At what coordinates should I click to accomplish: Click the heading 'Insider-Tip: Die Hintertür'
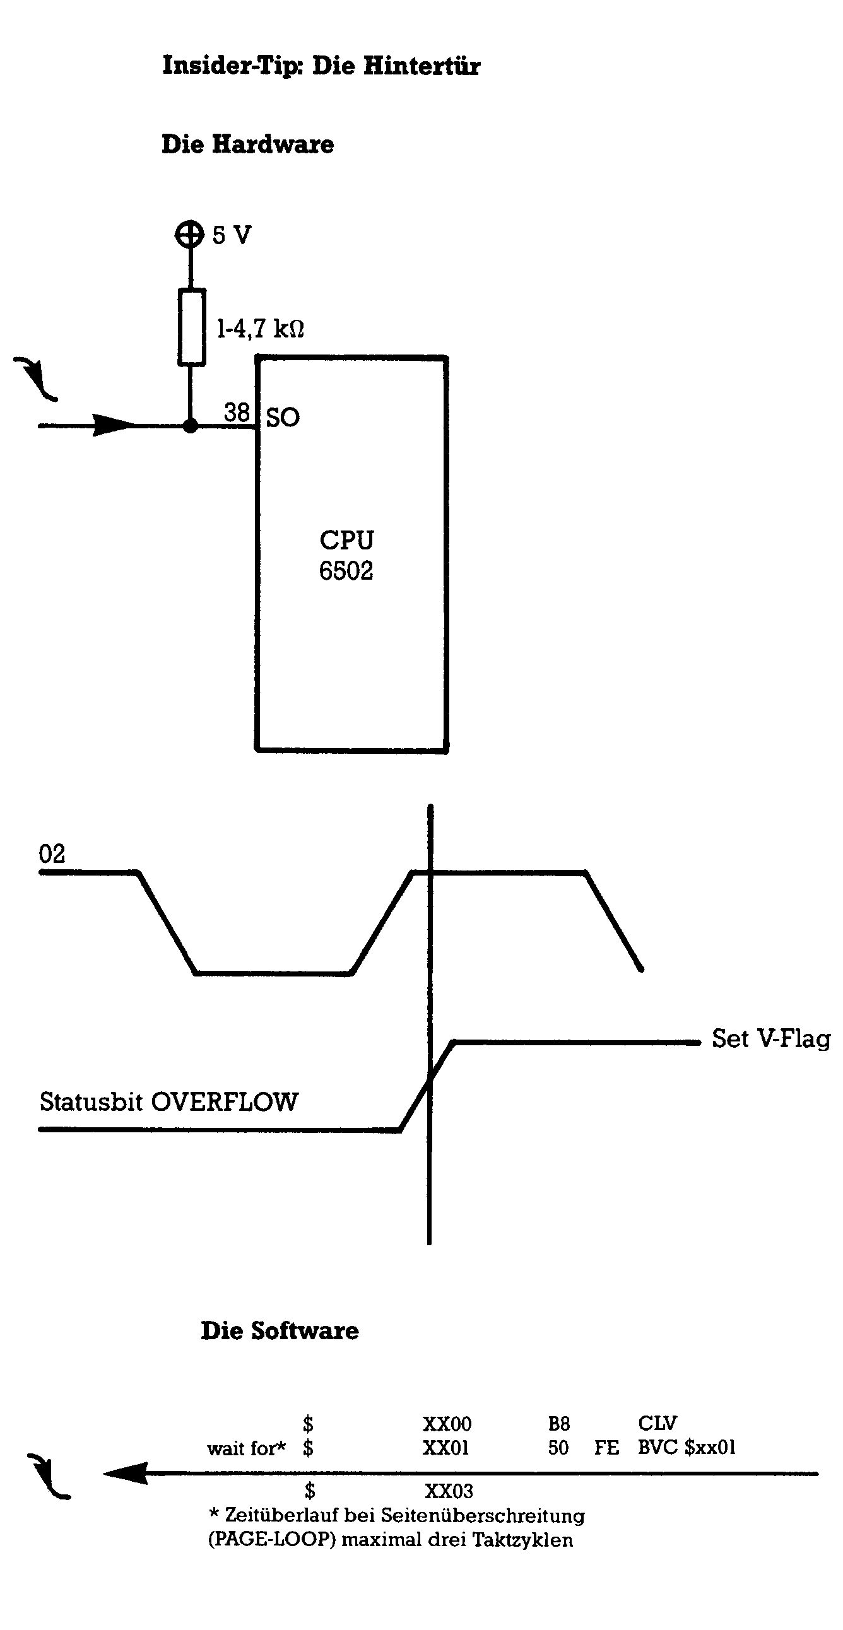tap(321, 66)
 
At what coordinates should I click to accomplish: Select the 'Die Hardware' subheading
tap(247, 144)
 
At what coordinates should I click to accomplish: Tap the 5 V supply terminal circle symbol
tap(189, 235)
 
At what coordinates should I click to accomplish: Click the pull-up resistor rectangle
tap(191, 327)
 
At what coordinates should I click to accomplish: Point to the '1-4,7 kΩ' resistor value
tap(260, 329)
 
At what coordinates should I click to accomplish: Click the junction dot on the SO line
tap(190, 426)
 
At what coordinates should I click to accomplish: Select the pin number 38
tap(237, 413)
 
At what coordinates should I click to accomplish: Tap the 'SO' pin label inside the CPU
tap(282, 418)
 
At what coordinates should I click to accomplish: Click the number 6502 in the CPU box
tap(346, 571)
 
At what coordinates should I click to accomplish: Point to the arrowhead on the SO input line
tap(114, 425)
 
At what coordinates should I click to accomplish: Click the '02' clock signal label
tap(52, 854)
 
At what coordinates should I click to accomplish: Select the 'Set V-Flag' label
tap(771, 1039)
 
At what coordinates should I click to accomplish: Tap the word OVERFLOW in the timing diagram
tap(225, 1102)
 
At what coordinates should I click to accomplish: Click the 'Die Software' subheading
tap(279, 1330)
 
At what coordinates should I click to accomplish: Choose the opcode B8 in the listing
tap(559, 1424)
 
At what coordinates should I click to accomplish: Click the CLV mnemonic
tap(657, 1423)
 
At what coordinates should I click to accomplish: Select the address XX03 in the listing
tap(449, 1491)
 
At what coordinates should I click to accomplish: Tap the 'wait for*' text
tap(246, 1448)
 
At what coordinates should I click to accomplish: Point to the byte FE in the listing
tap(606, 1448)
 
